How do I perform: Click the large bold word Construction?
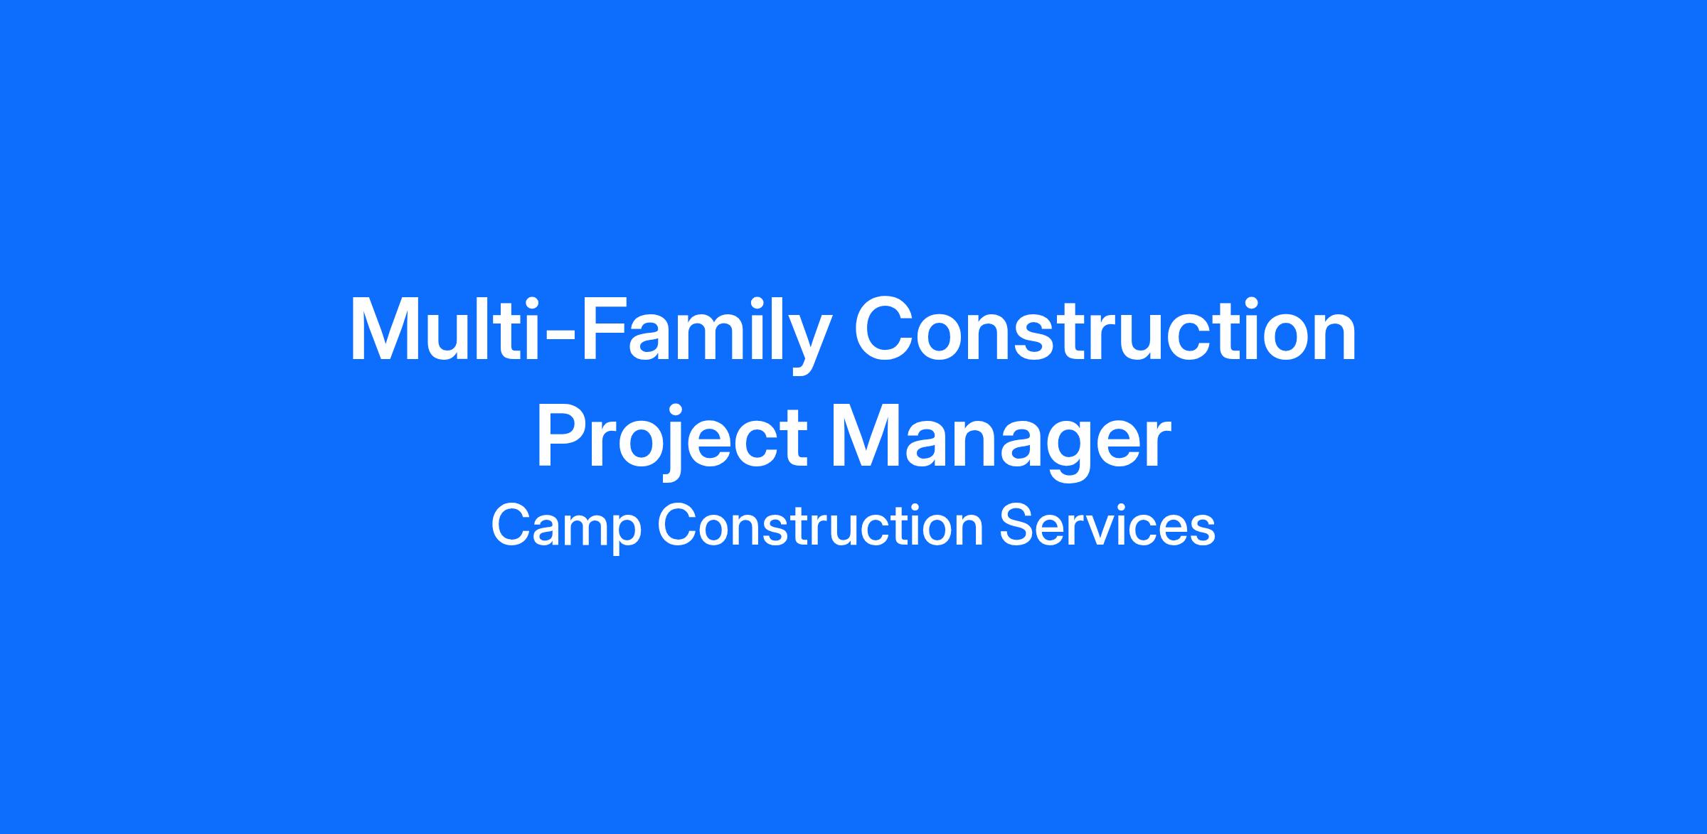click(x=1105, y=330)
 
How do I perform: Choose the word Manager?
click(x=1002, y=441)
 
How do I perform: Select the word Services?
click(x=1107, y=525)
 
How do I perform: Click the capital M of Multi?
click(x=390, y=329)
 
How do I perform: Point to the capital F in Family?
click(x=608, y=329)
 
